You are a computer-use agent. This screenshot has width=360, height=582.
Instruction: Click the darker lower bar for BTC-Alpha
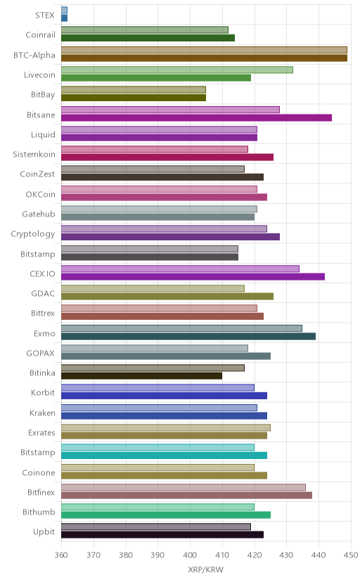[x=204, y=58]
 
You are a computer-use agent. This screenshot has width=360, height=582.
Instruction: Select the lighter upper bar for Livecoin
[x=177, y=70]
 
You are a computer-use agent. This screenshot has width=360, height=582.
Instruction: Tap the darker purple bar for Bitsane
[x=196, y=117]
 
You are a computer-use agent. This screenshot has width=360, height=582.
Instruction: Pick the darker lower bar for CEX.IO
[x=193, y=276]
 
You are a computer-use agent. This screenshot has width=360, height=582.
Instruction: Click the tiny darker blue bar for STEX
[x=64, y=18]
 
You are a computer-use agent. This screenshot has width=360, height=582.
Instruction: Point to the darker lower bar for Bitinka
[x=142, y=376]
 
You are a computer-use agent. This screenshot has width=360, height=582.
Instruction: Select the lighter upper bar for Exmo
[x=181, y=328]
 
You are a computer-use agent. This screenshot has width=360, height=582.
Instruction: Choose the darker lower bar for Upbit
[x=162, y=535]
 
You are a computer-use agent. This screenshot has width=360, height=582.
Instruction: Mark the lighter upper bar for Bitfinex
[x=184, y=487]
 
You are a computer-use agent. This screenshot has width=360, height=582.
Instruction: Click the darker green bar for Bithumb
[x=166, y=515]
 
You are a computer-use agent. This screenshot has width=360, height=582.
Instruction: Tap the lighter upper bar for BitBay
[x=134, y=89]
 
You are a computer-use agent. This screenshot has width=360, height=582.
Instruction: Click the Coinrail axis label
[x=41, y=35]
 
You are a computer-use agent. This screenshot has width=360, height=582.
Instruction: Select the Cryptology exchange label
[x=33, y=234]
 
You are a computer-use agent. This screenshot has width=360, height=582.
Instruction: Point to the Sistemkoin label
[x=34, y=155]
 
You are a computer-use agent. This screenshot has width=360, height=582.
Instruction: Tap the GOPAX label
[x=41, y=354]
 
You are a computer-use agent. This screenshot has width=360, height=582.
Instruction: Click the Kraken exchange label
[x=42, y=413]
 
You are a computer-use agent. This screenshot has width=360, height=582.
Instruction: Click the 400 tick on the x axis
[x=190, y=555]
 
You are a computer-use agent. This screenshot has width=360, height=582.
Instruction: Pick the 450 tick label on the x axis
[x=351, y=555]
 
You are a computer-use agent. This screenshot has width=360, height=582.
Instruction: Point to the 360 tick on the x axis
[x=61, y=555]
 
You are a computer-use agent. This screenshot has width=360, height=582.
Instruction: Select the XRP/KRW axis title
[x=206, y=570]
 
